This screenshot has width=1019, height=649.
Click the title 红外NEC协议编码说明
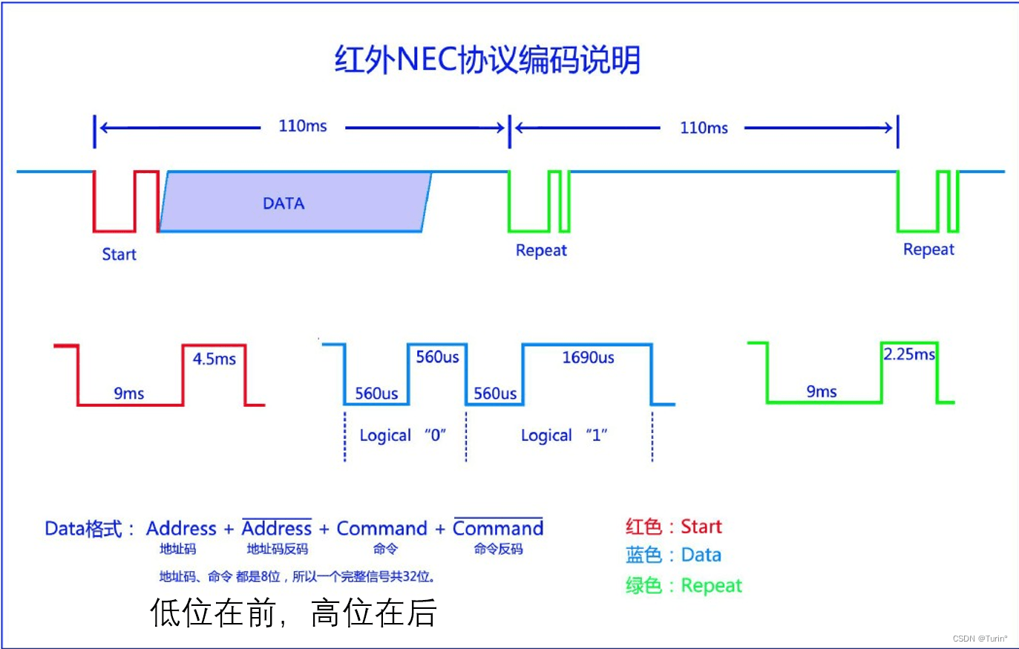[x=487, y=60]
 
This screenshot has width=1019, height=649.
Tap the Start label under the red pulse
[x=119, y=255]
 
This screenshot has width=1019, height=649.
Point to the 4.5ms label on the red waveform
[x=214, y=359]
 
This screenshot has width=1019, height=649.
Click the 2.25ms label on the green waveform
[x=908, y=354]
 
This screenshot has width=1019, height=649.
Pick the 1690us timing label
[x=588, y=358]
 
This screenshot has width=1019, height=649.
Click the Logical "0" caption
[x=402, y=435]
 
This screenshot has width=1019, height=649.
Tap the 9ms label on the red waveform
[x=128, y=394]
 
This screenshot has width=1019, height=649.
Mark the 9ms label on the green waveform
[x=822, y=391]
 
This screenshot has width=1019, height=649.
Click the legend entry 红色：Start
[x=673, y=526]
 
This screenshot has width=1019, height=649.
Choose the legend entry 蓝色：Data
[x=673, y=555]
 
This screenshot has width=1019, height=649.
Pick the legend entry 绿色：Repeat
[x=684, y=585]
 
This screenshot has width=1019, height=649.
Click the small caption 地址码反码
[x=277, y=549]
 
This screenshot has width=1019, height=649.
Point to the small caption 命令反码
[x=498, y=549]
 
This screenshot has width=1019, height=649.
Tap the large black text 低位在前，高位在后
[x=293, y=613]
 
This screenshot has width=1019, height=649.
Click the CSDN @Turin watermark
[x=980, y=639]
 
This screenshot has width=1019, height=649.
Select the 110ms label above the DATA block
[x=302, y=126]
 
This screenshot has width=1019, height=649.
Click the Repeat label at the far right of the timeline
[x=928, y=250]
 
